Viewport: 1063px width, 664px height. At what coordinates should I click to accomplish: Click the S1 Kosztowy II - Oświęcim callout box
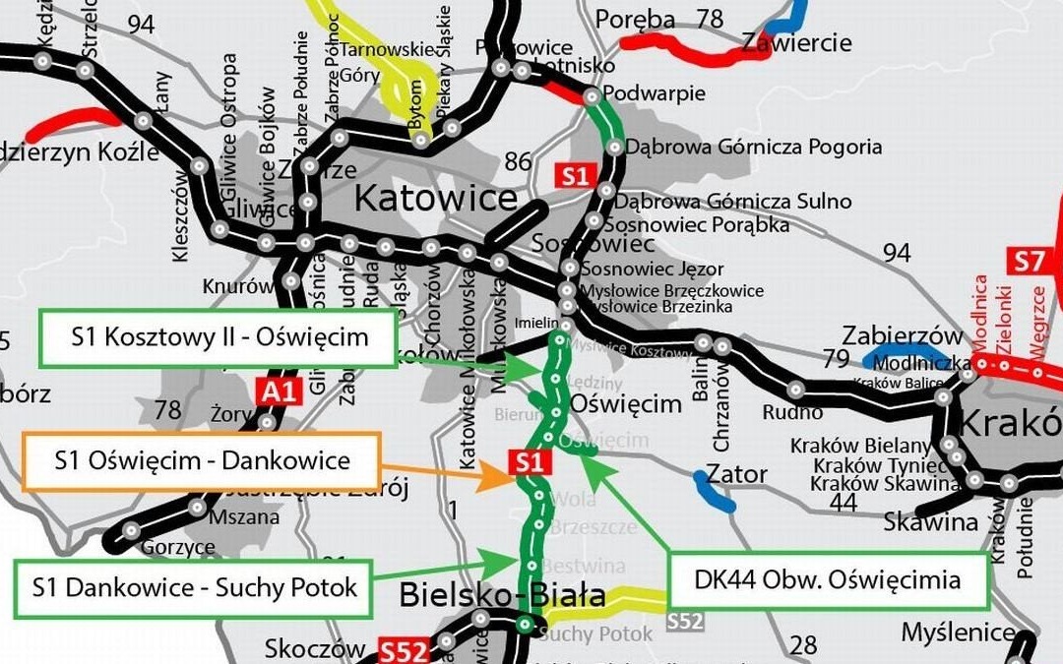(x=219, y=338)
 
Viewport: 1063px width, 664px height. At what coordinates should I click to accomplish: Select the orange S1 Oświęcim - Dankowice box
(x=201, y=460)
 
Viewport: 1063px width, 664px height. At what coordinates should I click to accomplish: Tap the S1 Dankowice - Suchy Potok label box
(x=194, y=589)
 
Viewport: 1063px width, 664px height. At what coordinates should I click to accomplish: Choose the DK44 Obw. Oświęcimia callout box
(x=828, y=580)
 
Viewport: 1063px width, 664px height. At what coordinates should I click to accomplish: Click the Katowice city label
(x=434, y=199)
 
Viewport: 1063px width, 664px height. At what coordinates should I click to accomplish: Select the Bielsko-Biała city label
(x=502, y=595)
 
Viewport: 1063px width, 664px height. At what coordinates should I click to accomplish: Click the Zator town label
(x=737, y=475)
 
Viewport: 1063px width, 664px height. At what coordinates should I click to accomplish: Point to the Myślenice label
(x=958, y=631)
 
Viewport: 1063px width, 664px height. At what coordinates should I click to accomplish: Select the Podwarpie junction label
(x=654, y=93)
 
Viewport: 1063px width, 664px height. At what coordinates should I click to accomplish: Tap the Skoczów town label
(x=315, y=648)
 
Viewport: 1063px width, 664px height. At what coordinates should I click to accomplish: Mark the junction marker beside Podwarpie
(x=592, y=96)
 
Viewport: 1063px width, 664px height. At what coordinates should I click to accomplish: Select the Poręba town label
(x=636, y=19)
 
